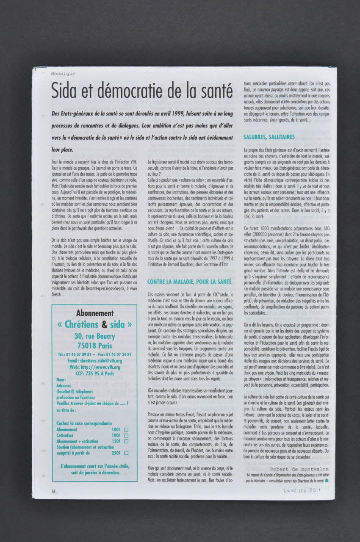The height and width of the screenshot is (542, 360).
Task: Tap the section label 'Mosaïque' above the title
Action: (63, 73)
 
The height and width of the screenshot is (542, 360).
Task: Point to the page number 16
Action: (54, 491)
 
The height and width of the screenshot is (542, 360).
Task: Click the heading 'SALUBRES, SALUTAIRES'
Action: (269, 137)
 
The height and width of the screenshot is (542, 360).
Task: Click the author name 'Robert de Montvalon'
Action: (299, 469)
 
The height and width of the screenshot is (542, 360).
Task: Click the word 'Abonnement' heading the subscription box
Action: (95, 313)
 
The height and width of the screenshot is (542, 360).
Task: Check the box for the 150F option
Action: (126, 441)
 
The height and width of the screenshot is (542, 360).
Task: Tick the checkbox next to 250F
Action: (126, 453)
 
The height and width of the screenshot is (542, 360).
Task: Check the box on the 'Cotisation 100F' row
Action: (126, 435)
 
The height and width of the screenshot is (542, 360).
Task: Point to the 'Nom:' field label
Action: (61, 380)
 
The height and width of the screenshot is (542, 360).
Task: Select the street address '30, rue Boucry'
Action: (95, 336)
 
